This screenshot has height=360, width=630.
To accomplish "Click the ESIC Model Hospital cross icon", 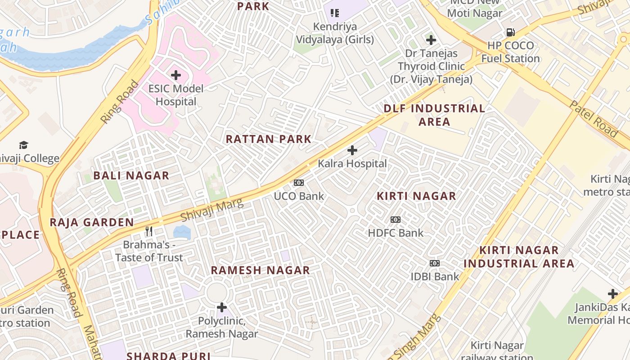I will coord(176,75).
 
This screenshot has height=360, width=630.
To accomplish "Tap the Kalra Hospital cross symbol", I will coord(352,150).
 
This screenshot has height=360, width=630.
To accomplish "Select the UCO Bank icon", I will coord(299,183).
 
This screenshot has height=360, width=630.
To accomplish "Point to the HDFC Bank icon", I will coord(396,220).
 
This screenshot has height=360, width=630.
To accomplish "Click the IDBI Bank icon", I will coord(435,263).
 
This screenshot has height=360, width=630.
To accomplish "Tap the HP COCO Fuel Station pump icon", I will coord(510,32).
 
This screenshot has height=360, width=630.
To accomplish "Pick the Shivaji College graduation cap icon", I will coord(23,145).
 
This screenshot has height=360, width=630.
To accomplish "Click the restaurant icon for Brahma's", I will coord(149,231).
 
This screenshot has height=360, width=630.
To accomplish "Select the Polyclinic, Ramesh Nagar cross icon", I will coord(222,307).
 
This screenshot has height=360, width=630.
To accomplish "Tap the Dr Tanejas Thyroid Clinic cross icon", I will coord(431,40).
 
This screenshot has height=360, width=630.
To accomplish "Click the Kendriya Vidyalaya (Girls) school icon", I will coord(334,13).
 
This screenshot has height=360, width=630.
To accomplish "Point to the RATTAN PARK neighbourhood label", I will coord(269,139).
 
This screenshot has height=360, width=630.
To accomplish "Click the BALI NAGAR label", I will coord(131,175).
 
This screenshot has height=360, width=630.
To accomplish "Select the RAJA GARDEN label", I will coord(92,222).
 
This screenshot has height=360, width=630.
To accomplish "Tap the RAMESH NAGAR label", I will coord(261,270).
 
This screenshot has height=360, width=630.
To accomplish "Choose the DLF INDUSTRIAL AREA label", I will coord(434,115).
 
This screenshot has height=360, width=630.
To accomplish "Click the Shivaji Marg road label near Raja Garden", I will coord(212,210).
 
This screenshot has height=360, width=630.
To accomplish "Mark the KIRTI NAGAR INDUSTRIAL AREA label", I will coord(519,256).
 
